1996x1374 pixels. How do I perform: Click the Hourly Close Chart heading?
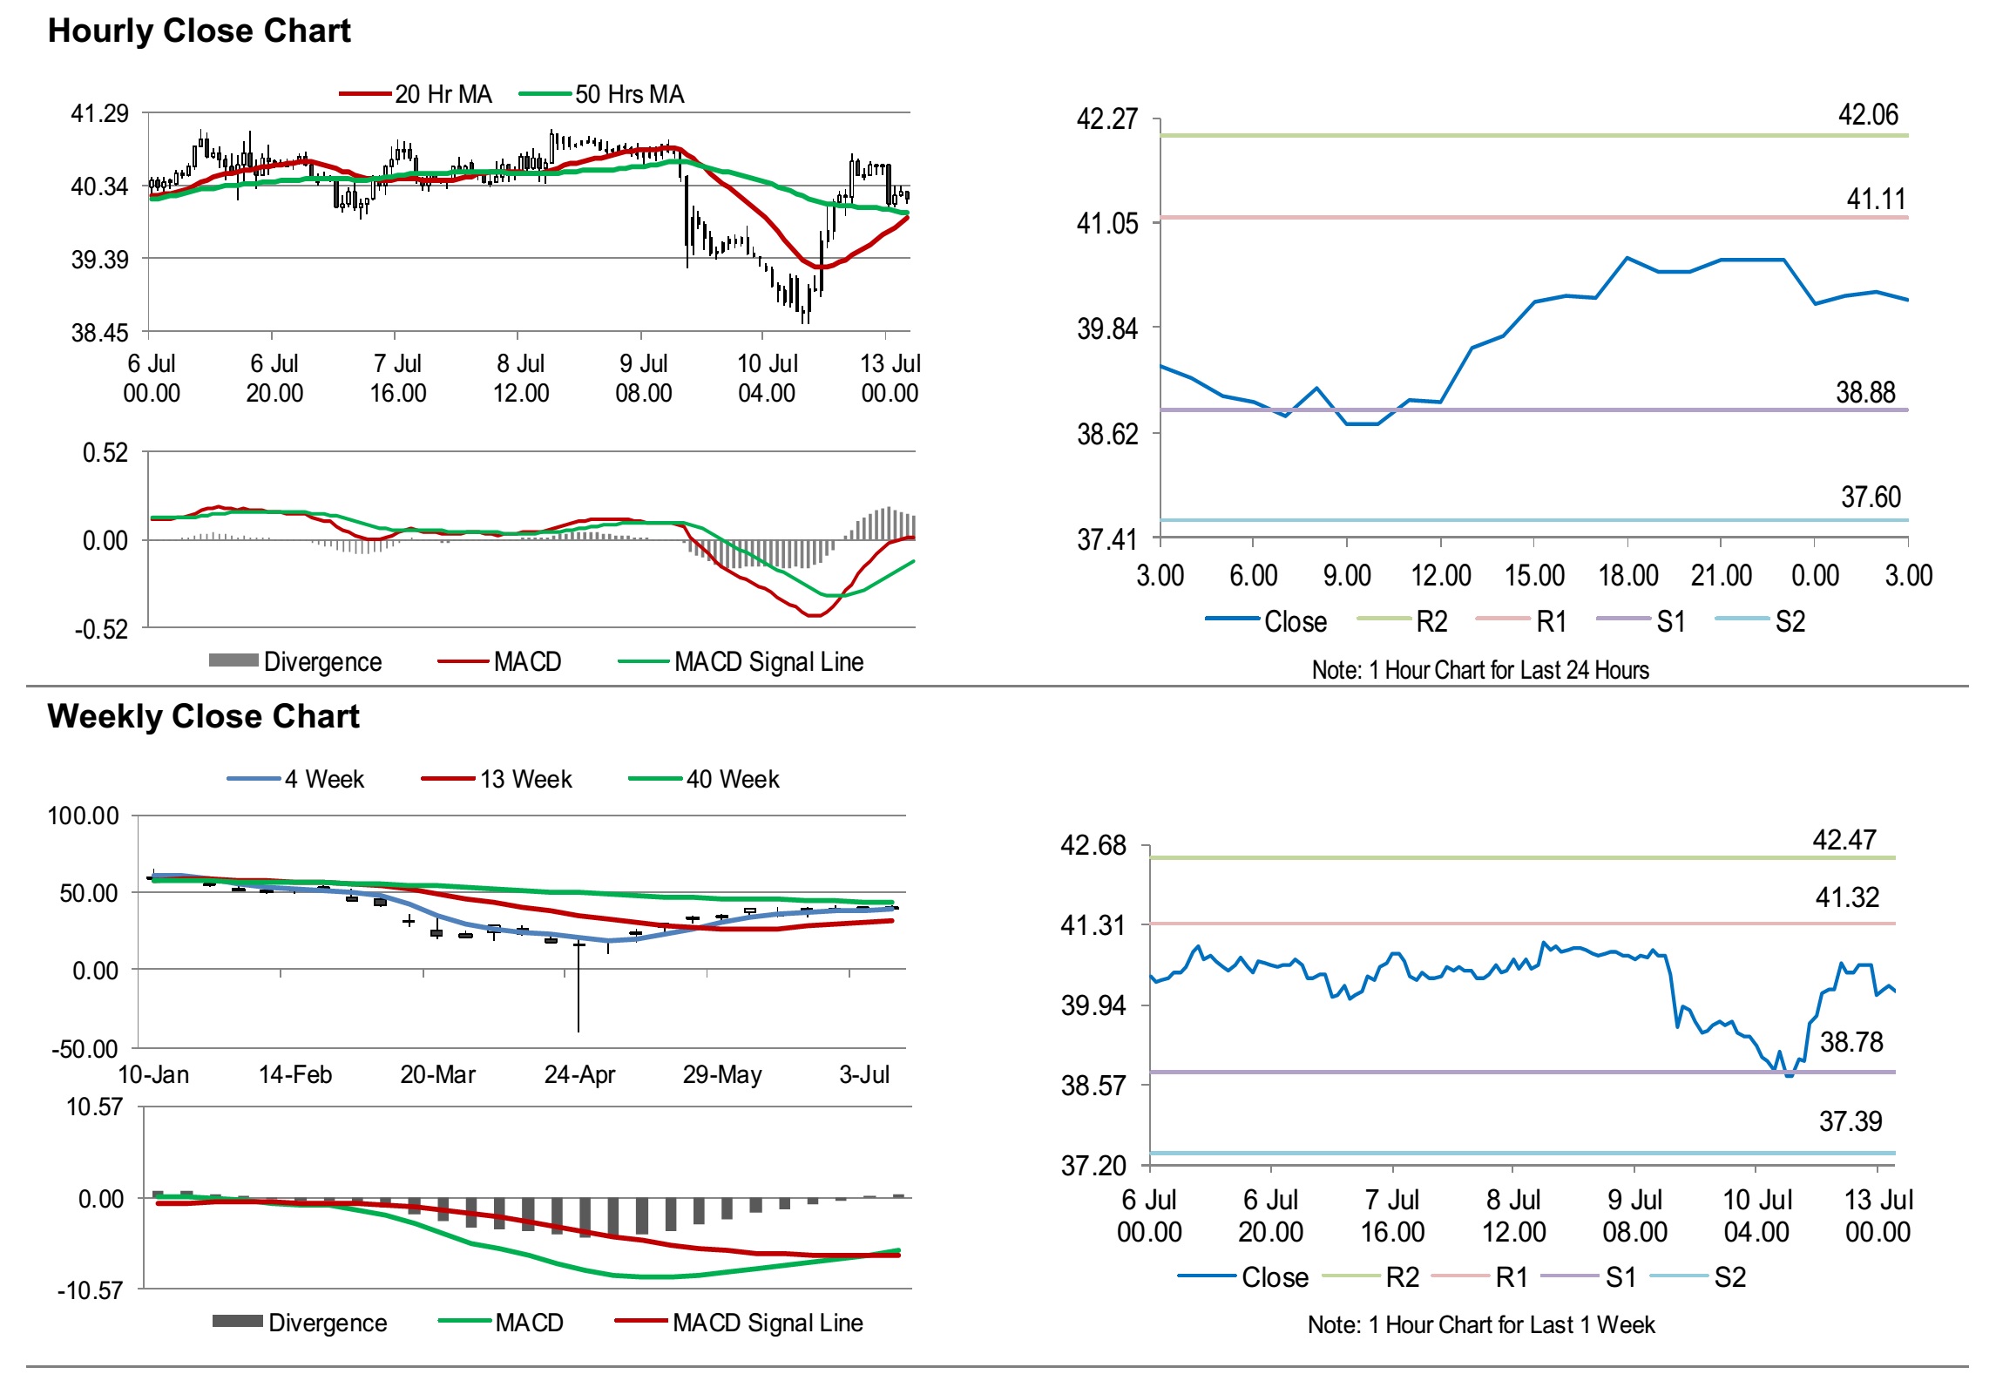[x=199, y=30]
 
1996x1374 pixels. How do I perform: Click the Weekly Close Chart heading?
[x=203, y=716]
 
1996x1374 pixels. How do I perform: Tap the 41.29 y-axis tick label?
[x=99, y=113]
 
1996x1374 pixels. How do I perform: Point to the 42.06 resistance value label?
[x=1867, y=114]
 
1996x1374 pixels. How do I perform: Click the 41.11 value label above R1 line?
[x=1876, y=199]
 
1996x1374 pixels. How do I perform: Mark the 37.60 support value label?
[x=1871, y=497]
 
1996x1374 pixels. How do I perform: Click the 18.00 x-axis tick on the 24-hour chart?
[x=1627, y=575]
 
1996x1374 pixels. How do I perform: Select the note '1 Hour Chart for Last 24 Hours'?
[x=1480, y=670]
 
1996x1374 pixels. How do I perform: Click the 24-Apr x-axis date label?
[x=579, y=1074]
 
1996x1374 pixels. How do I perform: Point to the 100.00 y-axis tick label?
[x=83, y=816]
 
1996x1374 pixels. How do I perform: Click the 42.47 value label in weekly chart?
[x=1844, y=839]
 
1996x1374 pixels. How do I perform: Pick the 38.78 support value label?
[x=1851, y=1041]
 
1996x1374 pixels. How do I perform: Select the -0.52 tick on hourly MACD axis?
[x=101, y=629]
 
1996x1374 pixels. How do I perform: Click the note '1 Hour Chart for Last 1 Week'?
[x=1480, y=1324]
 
